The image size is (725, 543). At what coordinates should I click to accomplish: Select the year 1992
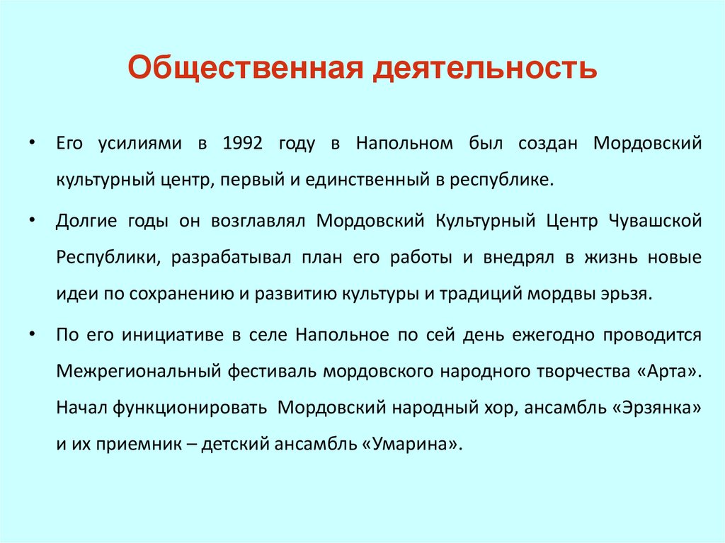[x=242, y=144]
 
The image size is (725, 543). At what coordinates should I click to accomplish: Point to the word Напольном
[x=404, y=144]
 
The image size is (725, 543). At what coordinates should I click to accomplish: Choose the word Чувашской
[x=655, y=220]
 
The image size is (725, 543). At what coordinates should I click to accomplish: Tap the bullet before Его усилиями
[x=33, y=143]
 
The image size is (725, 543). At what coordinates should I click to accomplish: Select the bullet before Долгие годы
[x=33, y=219]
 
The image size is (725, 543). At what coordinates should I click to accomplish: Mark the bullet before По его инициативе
[x=33, y=334]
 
